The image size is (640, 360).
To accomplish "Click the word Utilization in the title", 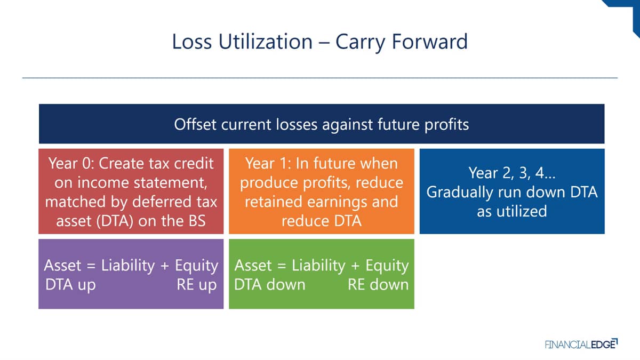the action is pyautogui.click(x=266, y=42).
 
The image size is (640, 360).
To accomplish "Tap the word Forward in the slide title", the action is pyautogui.click(x=430, y=42).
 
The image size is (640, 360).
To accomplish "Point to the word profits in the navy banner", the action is pyautogui.click(x=446, y=125).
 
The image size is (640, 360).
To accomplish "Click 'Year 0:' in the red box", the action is pyautogui.click(x=71, y=163).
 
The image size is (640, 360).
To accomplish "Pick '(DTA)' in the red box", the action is pyautogui.click(x=115, y=221).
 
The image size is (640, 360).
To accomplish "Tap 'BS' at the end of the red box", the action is pyautogui.click(x=197, y=221).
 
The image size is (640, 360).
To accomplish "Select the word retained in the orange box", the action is pyautogui.click(x=274, y=202).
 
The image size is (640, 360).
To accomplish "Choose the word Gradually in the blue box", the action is pyautogui.click(x=460, y=193).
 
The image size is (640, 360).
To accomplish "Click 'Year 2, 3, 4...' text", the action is pyautogui.click(x=511, y=173).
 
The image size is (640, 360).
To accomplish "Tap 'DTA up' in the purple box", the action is pyautogui.click(x=70, y=285).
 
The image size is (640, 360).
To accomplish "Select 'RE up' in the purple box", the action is pyautogui.click(x=197, y=285).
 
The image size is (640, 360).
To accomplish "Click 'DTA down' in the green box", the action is pyautogui.click(x=270, y=285).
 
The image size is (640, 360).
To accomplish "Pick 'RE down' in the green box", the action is pyautogui.click(x=378, y=285).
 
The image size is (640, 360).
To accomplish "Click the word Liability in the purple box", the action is pyautogui.click(x=128, y=266).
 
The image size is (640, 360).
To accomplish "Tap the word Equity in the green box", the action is pyautogui.click(x=387, y=266).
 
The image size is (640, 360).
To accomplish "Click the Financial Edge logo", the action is pyautogui.click(x=581, y=344).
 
